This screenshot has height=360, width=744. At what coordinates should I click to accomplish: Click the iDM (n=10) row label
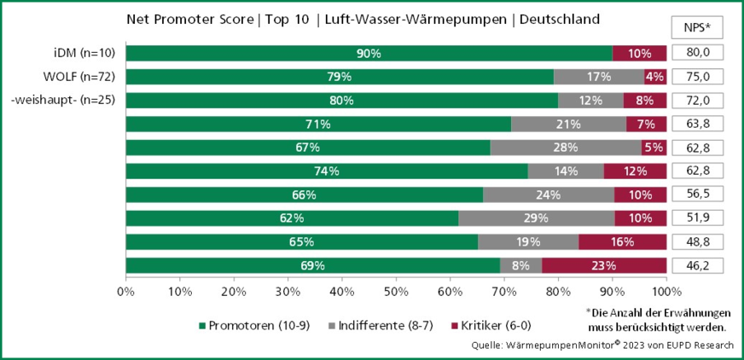click(x=85, y=53)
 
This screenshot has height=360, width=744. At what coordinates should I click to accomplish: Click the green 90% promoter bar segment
click(x=369, y=53)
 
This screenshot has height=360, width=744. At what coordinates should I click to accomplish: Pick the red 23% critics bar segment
click(x=604, y=265)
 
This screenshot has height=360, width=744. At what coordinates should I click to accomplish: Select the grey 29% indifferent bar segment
click(x=537, y=218)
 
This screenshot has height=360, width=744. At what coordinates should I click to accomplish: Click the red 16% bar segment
click(x=622, y=241)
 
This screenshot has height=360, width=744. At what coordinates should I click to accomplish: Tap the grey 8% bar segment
click(x=520, y=265)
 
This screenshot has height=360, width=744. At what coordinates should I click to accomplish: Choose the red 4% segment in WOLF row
click(x=655, y=77)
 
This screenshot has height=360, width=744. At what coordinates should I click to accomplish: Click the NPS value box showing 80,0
click(x=698, y=53)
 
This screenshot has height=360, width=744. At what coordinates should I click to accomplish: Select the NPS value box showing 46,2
click(x=698, y=265)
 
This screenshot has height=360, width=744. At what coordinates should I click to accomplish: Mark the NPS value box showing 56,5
click(x=698, y=195)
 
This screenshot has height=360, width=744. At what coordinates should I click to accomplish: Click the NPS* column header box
click(x=698, y=26)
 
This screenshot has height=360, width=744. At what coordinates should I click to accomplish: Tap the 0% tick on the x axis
click(x=125, y=291)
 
